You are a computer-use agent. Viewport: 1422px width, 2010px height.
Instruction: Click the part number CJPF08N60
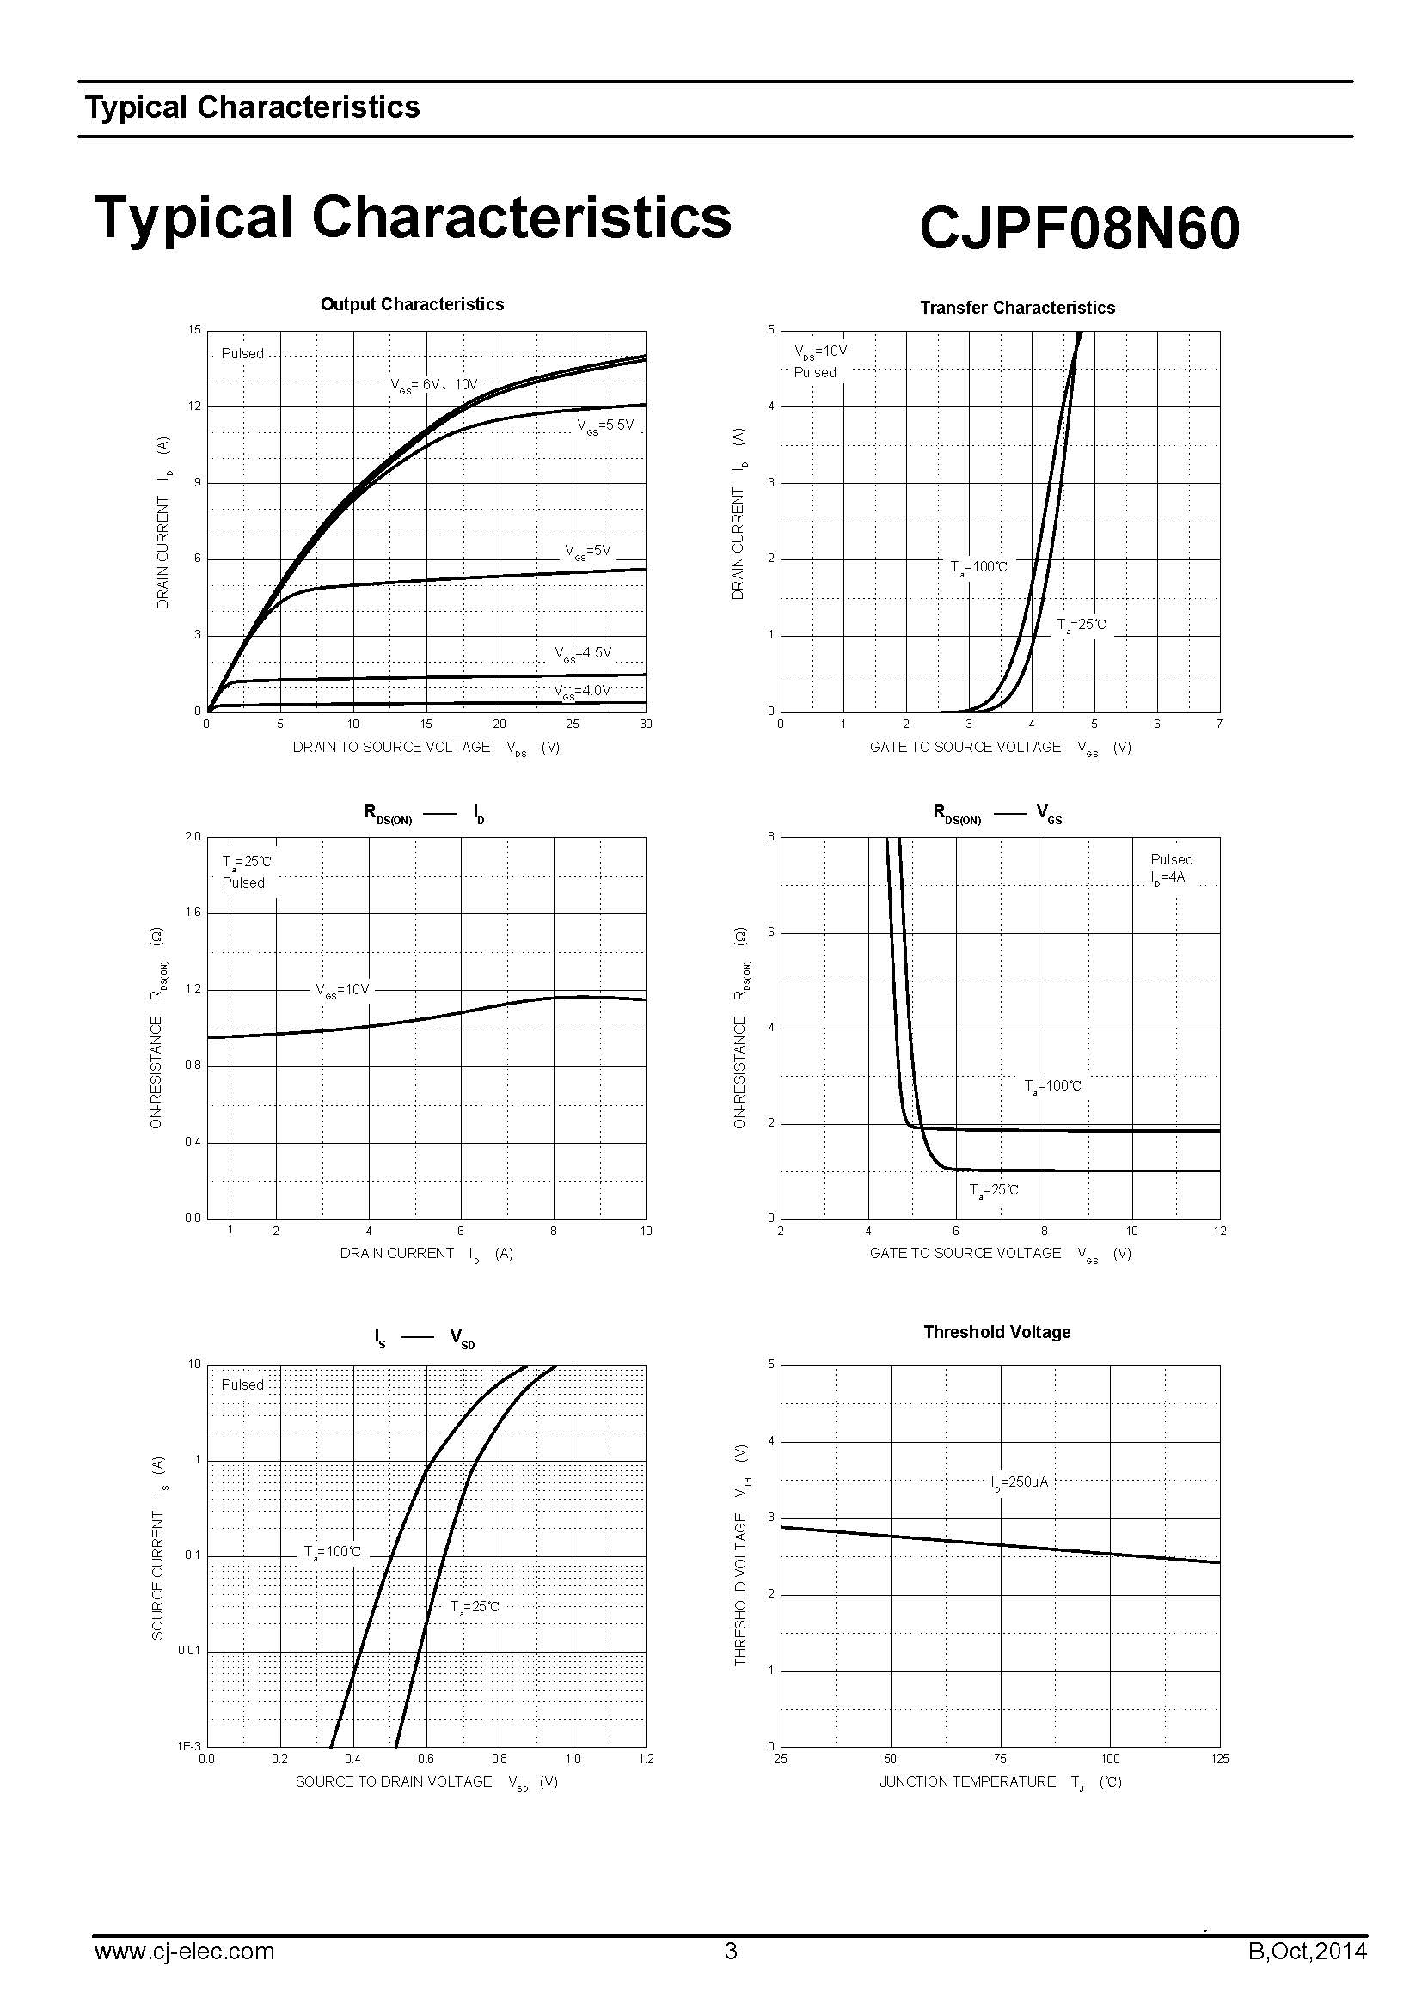click(1079, 228)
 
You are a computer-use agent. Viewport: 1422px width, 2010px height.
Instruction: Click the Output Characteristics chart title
click(412, 305)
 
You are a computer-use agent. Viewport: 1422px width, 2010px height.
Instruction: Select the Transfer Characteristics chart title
click(1016, 309)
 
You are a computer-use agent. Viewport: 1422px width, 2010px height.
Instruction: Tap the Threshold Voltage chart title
click(996, 1331)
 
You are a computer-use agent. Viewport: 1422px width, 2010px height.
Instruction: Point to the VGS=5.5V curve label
click(604, 426)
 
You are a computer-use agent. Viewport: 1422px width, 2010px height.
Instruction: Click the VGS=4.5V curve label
click(582, 653)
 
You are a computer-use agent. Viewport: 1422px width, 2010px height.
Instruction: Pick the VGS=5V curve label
click(587, 552)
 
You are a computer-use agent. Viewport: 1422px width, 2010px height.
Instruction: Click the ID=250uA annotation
click(1020, 1483)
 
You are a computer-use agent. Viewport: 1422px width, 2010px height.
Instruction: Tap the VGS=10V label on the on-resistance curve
click(342, 990)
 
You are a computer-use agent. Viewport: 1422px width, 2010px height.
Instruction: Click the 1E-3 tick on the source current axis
click(189, 1746)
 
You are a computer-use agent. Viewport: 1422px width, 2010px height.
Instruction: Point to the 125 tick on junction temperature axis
click(1219, 1759)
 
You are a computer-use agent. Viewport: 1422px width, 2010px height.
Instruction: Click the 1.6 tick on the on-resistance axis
click(193, 913)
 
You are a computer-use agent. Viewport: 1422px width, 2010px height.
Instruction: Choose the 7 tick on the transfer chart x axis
click(1219, 724)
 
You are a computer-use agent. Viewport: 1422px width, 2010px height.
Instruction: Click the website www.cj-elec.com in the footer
click(184, 1952)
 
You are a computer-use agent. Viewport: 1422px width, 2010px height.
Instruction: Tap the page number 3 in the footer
click(731, 1952)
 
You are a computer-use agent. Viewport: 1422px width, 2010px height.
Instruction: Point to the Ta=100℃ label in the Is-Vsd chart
click(332, 1552)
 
